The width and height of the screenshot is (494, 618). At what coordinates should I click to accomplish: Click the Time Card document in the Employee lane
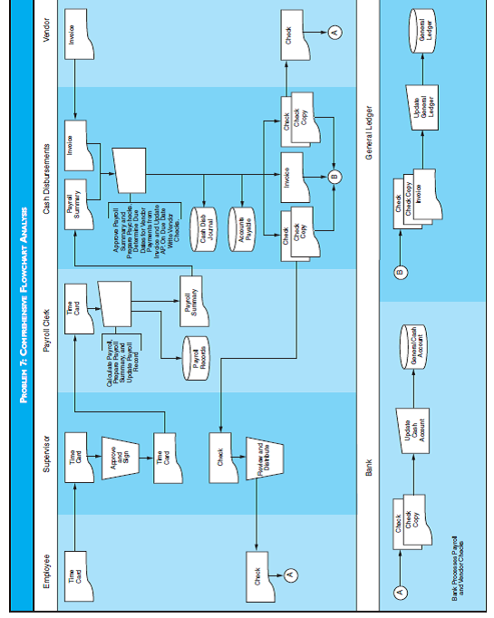pos(82,578)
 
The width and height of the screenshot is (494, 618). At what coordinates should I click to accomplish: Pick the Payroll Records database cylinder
pos(199,349)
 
